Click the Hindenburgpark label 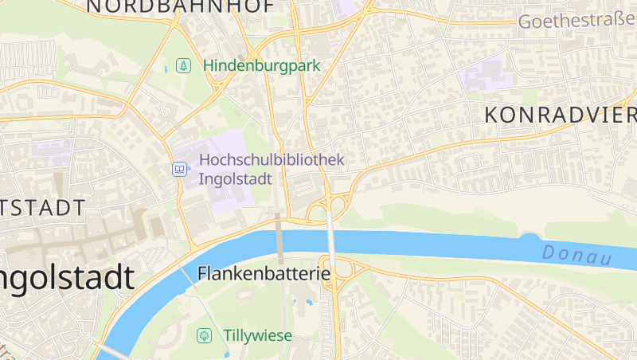[x=261, y=65]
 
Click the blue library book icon [x=180, y=169]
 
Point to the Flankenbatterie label [x=264, y=275]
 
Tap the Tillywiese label [x=257, y=335]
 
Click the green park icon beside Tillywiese [x=204, y=335]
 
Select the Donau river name [x=576, y=256]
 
